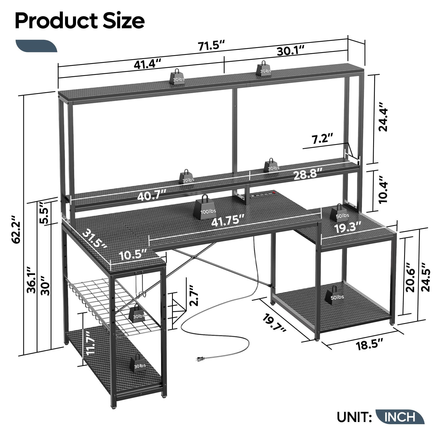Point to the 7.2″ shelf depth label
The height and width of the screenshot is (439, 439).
click(x=323, y=138)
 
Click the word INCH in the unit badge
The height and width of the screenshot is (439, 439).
click(x=400, y=417)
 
